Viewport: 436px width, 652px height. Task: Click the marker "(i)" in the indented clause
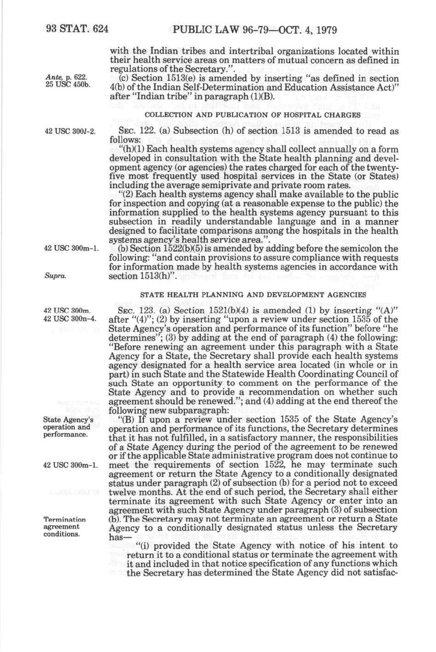tap(134, 546)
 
